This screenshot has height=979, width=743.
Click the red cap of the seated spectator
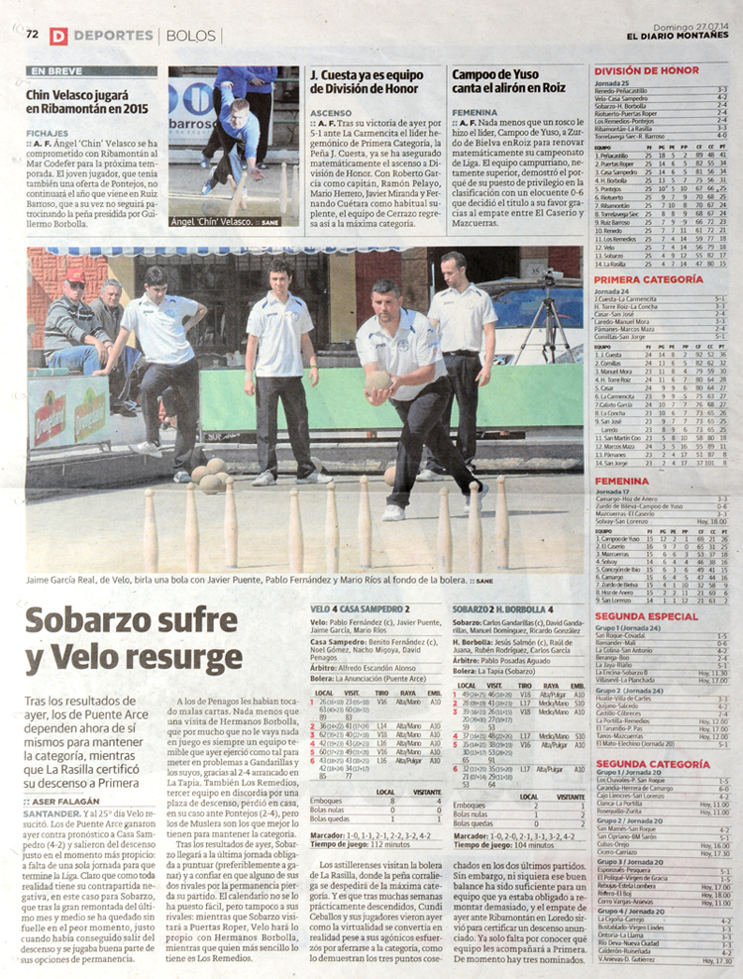coord(74,275)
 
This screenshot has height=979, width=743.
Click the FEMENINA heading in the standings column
coord(622,481)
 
